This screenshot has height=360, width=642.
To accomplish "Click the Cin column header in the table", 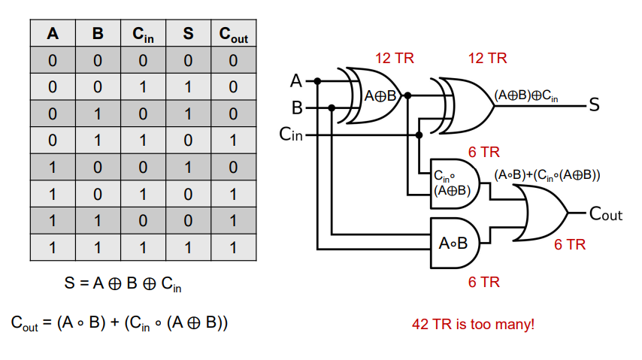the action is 143,34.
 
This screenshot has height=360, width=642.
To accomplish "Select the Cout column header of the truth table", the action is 233,34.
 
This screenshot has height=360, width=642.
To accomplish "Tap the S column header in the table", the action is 188,33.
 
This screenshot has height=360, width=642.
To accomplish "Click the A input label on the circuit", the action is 296,80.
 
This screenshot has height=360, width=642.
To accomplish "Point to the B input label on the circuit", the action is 297,107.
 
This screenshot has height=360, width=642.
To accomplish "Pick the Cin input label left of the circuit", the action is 291,135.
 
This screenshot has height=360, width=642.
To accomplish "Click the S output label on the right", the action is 594,105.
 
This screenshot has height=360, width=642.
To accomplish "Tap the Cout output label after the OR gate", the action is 606,213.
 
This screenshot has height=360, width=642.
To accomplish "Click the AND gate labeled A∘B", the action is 455,244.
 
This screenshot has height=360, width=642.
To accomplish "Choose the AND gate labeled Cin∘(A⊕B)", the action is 455,184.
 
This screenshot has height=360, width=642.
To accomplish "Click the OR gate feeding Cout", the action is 541,213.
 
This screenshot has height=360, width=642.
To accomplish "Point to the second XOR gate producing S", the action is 462,106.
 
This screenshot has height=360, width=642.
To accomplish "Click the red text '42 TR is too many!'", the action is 473,324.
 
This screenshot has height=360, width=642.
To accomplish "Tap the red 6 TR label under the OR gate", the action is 570,244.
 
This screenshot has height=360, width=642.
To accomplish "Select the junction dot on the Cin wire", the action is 419,135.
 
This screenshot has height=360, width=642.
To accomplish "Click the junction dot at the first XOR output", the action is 407,95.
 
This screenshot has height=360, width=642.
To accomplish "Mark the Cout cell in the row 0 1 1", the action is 233,141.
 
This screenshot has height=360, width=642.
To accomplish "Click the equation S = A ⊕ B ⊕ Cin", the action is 123,283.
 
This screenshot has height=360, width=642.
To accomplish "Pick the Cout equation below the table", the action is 119,322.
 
